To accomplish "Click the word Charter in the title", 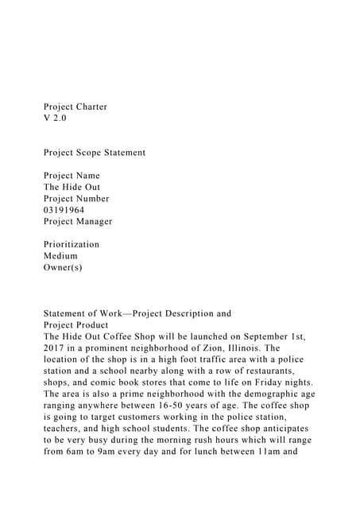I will click(x=92, y=107).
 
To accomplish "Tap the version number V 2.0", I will click(x=56, y=118).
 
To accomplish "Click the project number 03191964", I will click(x=64, y=210).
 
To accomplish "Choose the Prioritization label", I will click(x=72, y=244).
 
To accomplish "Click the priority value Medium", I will click(x=60, y=256).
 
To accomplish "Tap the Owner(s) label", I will click(x=63, y=267).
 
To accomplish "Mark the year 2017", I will click(x=55, y=348).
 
